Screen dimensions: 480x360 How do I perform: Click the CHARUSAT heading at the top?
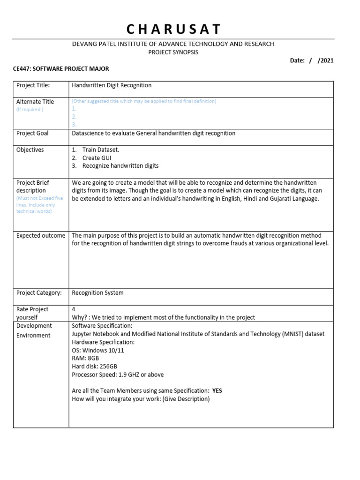173,29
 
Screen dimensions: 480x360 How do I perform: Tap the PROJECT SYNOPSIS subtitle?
173,52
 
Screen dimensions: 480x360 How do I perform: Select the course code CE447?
23,69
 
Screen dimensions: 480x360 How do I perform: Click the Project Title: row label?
33,85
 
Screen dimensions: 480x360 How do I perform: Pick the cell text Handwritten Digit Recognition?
112,85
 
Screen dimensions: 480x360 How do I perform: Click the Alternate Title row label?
35,102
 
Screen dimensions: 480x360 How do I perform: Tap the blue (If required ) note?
30,110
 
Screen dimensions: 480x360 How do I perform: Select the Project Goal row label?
32,134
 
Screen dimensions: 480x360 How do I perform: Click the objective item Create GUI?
97,158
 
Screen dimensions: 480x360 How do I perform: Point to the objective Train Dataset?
100,150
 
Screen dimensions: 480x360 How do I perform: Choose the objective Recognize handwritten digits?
120,166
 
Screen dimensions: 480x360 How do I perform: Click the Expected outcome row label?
41,236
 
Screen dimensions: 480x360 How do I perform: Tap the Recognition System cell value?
97,293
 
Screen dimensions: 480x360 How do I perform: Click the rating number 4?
74,309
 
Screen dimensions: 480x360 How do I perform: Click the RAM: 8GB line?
85,359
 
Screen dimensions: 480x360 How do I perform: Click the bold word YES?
217,391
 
